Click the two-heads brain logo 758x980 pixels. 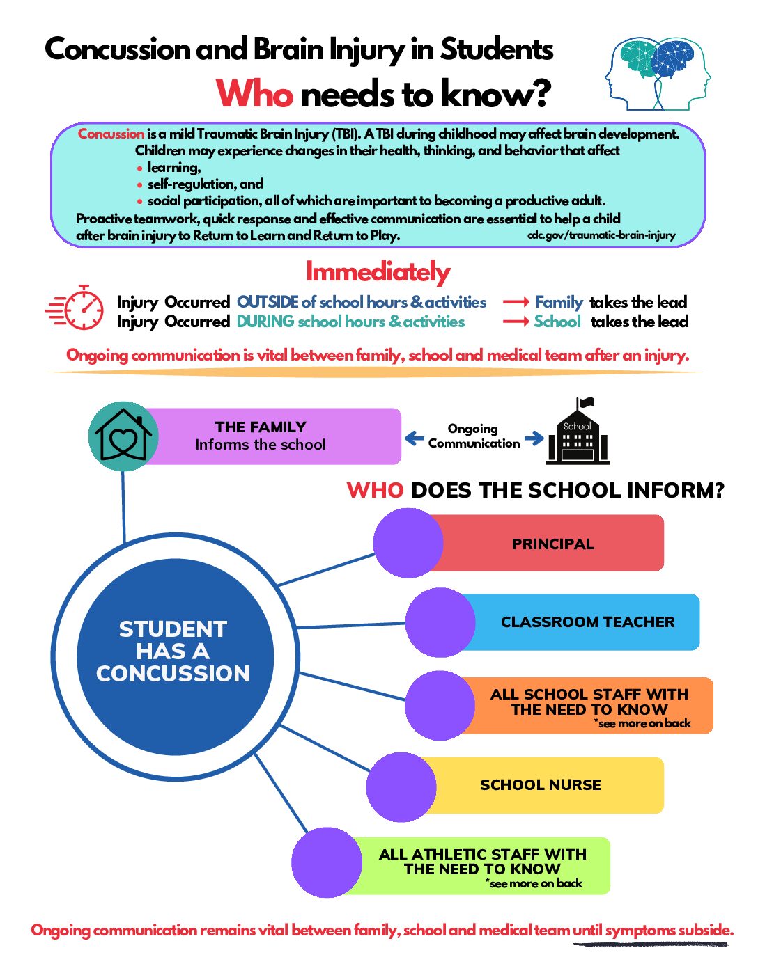(658, 74)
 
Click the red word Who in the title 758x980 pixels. (254, 93)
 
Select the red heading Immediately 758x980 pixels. (378, 271)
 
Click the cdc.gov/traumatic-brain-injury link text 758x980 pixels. (601, 235)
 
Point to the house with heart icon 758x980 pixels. (123, 436)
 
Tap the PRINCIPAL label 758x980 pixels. (552, 544)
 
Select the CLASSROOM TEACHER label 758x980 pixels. (587, 622)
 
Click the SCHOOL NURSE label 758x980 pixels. (540, 785)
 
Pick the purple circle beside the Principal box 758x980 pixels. (408, 543)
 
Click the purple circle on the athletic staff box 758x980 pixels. (326, 862)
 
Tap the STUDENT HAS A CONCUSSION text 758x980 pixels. (173, 651)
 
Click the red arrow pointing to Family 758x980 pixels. (516, 302)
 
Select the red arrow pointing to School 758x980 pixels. (516, 322)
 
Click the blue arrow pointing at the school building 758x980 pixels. (534, 438)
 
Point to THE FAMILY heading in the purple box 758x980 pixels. (261, 427)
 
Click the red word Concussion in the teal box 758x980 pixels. (111, 134)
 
